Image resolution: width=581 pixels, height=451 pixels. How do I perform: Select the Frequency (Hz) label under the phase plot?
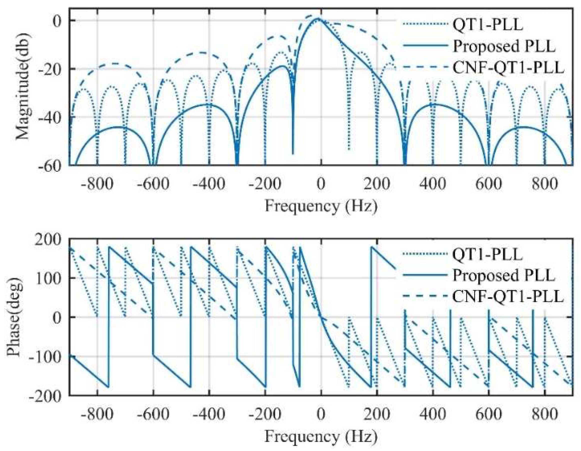321,436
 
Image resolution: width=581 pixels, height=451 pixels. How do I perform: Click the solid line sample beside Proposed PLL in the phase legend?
425,276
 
